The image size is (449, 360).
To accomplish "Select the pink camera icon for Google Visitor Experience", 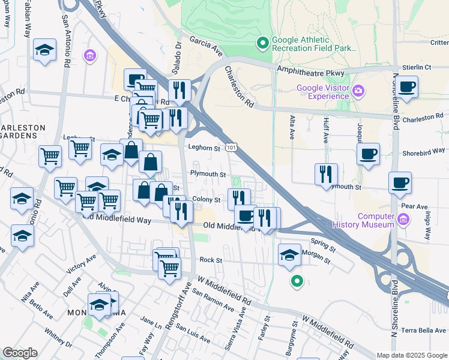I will (x=358, y=91).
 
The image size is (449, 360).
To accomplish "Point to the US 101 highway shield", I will (x=231, y=147).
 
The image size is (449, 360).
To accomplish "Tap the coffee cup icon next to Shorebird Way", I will (x=367, y=154).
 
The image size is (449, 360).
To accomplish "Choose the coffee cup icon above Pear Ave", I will (x=399, y=183).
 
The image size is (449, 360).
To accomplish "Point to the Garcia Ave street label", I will (x=206, y=43).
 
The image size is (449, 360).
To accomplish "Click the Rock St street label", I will (x=211, y=260).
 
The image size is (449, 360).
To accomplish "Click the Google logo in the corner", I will (x=20, y=353).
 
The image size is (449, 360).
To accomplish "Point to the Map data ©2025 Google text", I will (x=412, y=355).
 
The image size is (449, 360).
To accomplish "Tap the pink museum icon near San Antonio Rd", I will (x=90, y=56).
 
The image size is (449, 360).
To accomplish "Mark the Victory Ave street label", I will (x=82, y=264).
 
